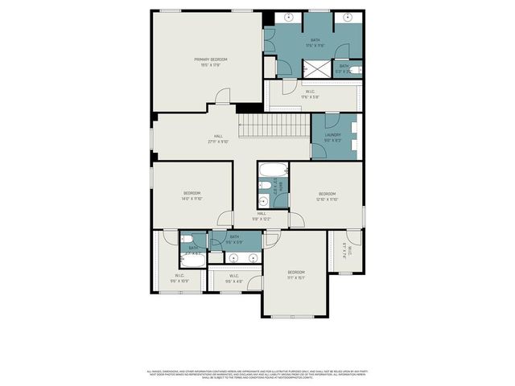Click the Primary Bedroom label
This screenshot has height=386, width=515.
click(x=211, y=62)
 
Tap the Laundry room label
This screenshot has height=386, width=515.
click(x=333, y=138)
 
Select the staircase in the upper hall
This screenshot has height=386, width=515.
click(x=274, y=125)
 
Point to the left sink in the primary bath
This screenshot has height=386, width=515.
click(x=289, y=17)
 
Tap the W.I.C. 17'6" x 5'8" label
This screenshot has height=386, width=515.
click(x=310, y=94)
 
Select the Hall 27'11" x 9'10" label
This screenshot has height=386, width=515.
click(x=218, y=138)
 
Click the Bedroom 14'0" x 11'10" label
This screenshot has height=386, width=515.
click(x=192, y=195)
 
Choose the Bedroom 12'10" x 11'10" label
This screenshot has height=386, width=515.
click(x=327, y=195)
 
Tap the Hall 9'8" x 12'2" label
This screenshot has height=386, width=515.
click(x=262, y=216)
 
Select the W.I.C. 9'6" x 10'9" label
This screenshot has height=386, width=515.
click(x=179, y=278)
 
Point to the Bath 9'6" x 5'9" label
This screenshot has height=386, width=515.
click(x=234, y=239)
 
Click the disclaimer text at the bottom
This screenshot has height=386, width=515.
click(x=257, y=375)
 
